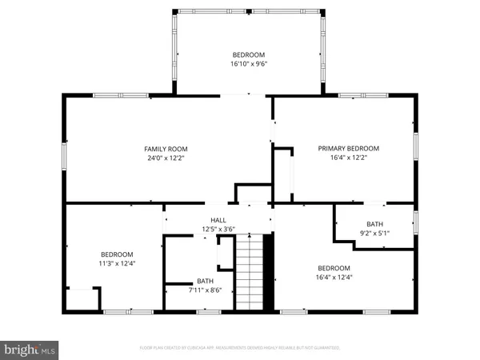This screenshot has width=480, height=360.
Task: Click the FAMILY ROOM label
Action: (166, 149)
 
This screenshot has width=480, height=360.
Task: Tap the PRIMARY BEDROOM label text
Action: (348, 148)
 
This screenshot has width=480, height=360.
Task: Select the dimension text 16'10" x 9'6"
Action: (249, 66)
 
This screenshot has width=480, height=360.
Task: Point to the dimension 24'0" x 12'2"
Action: (166, 158)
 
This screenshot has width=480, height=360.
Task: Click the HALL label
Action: (218, 221)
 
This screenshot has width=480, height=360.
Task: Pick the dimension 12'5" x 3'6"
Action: (218, 230)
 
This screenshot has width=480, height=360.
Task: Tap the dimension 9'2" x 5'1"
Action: (375, 234)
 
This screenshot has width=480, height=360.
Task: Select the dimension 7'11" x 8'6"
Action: (206, 290)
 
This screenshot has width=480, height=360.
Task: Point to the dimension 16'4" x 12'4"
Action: (334, 278)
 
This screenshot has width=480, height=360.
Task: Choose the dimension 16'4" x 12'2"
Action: (348, 158)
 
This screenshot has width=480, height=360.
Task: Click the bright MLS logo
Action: (30, 350)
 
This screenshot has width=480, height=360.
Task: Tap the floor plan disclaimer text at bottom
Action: (240, 348)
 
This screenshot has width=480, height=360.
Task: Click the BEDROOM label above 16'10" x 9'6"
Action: (249, 55)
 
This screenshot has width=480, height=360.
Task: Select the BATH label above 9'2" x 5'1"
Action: (375, 224)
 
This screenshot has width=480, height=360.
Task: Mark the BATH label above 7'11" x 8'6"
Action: (206, 281)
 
